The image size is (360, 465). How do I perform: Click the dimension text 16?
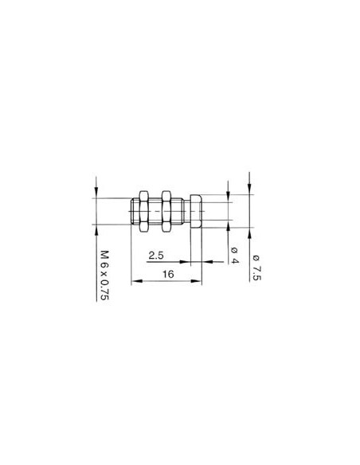point(167,273)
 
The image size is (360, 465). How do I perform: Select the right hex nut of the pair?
point(166,212)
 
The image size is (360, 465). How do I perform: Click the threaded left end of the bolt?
point(131,212)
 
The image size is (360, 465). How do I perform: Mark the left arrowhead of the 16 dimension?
point(134,280)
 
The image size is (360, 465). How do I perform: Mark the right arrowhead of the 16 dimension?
point(200,280)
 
